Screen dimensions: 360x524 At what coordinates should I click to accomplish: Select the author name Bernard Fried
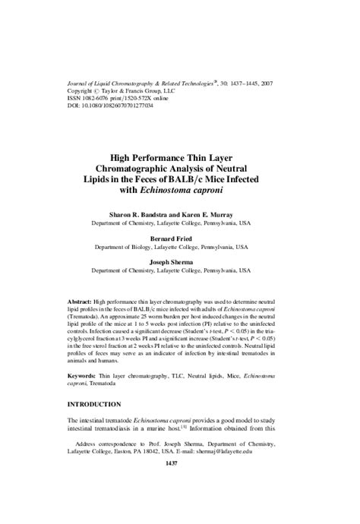(180, 238)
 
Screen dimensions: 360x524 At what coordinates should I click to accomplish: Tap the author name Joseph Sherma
(180, 261)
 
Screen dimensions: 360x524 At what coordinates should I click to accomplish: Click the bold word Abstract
(80, 301)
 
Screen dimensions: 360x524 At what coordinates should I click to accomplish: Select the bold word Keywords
(82, 375)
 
